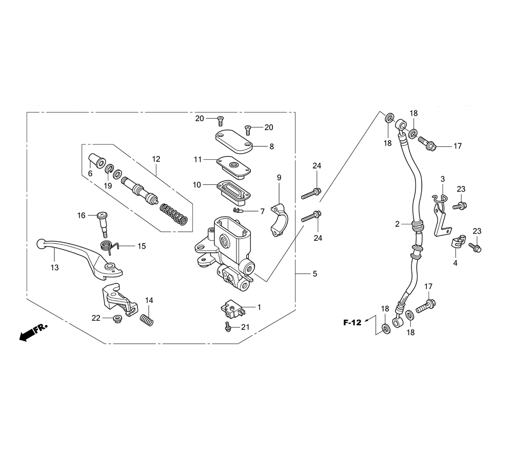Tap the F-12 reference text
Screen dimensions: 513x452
[x=352, y=323]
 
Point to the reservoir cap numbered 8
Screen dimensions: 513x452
[x=233, y=141]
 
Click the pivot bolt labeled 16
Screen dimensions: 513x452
[x=103, y=224]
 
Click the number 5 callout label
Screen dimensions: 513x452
[x=315, y=273]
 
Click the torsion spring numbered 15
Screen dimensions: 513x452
[x=109, y=247]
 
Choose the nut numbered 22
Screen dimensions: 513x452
[x=117, y=318]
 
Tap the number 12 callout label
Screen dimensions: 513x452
[x=156, y=159]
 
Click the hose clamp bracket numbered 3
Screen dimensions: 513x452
[x=440, y=215]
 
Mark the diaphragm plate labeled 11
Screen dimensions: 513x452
[x=233, y=167]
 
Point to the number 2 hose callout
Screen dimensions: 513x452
[x=397, y=224]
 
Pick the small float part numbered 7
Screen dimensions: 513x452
[x=238, y=210]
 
